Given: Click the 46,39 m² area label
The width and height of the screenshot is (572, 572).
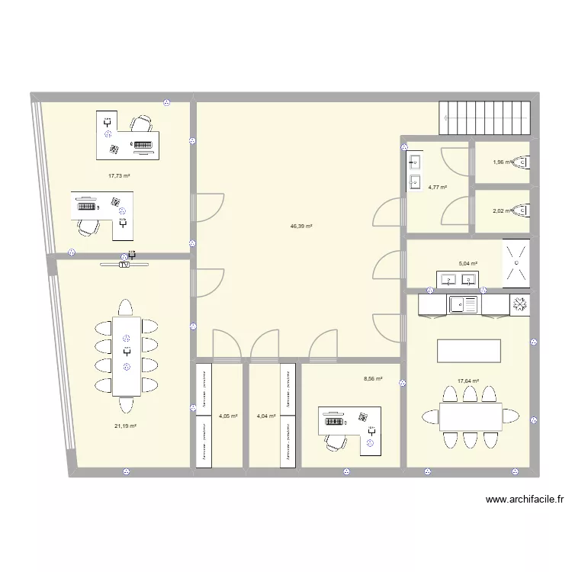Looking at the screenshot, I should [x=301, y=227].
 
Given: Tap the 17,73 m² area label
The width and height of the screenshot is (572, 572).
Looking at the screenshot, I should [x=119, y=175].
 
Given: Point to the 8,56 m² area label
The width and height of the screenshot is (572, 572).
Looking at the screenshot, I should [x=373, y=378].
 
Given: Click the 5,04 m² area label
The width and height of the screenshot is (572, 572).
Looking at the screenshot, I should [x=468, y=264].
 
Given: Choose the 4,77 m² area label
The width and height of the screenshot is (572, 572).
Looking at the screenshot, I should [x=437, y=187].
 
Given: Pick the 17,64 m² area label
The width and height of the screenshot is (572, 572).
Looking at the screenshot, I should [x=468, y=381].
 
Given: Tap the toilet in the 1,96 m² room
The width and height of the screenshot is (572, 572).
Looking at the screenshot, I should [x=522, y=162].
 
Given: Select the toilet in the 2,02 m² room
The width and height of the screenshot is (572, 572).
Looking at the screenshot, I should [x=522, y=210].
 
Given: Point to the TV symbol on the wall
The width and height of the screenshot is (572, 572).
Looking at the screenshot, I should [x=124, y=265].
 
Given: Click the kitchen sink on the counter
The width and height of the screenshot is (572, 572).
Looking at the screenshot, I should [x=464, y=304].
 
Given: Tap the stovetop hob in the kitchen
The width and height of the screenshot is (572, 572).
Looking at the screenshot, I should [x=520, y=304].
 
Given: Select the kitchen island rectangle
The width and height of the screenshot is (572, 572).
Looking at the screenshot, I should [x=468, y=351].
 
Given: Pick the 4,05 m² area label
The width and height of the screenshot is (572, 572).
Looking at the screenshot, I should [x=228, y=416].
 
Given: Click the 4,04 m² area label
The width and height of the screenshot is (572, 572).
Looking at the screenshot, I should [x=266, y=416].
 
